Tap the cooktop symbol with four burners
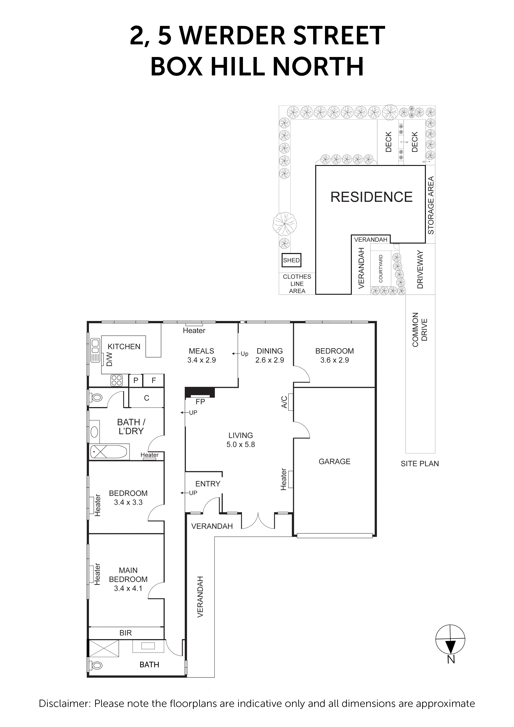116,380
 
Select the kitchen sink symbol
95,350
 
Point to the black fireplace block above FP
200,392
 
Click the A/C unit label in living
284,402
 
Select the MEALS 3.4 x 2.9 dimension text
201,360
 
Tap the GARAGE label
335,461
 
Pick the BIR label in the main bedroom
125,633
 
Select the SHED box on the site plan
291,260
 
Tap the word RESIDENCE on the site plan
371,197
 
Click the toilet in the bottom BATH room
96,666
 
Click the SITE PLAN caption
420,464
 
